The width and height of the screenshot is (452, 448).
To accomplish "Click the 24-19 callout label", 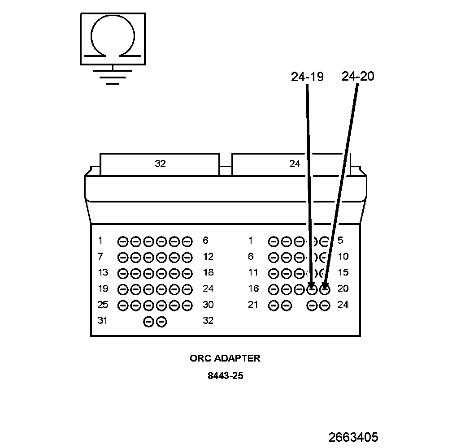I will [x=307, y=77].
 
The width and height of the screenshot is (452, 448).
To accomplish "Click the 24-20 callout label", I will [x=357, y=77].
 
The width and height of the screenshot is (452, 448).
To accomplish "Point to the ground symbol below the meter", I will [x=113, y=77].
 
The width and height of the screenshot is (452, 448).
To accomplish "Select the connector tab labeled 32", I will [x=160, y=164].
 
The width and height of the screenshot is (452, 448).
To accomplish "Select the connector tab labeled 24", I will [x=294, y=164].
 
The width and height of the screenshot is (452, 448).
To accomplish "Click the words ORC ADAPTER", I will [x=225, y=358].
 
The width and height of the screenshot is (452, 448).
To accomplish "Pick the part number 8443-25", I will [x=225, y=376].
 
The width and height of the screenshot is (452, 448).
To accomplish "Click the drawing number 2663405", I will [x=353, y=437].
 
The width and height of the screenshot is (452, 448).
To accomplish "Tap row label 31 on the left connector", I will [x=103, y=321].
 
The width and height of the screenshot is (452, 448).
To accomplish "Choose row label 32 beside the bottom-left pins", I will [x=208, y=321].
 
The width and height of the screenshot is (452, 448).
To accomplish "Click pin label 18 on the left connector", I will [x=208, y=273].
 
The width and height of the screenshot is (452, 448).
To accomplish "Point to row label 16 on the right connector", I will [x=253, y=289].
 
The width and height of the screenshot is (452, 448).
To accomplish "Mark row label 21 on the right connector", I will [x=253, y=305].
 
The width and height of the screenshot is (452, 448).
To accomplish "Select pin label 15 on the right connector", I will [x=343, y=273].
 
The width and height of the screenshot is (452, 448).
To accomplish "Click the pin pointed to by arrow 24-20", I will [x=325, y=289].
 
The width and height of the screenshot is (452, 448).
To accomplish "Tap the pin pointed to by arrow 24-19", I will [x=312, y=289].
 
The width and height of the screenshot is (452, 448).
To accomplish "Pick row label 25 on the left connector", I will [x=103, y=305].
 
